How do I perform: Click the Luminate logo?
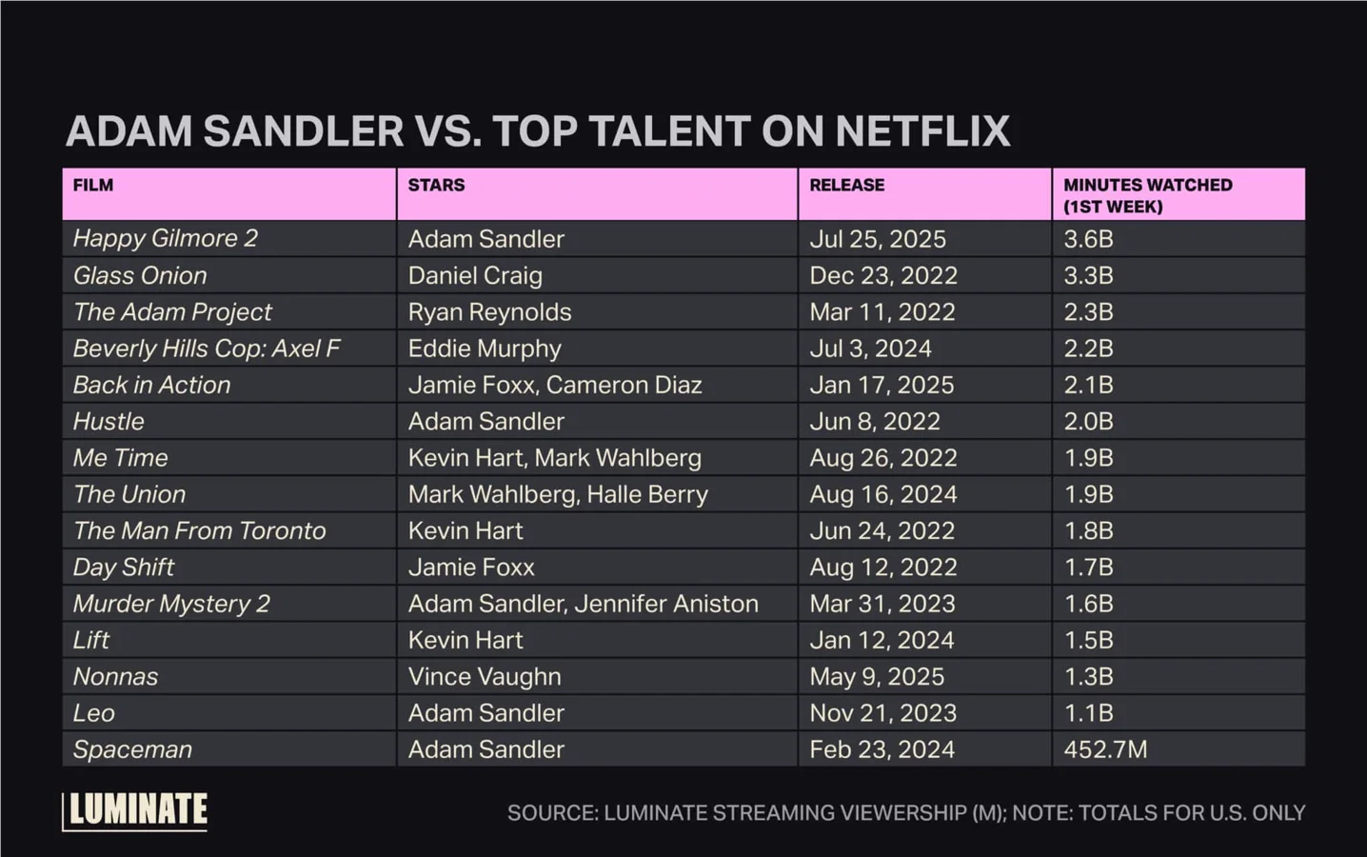tap(135, 810)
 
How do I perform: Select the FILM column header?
tap(93, 186)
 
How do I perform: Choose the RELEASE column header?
tap(846, 186)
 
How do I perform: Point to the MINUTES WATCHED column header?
tap(1147, 195)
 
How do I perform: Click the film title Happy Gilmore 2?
tap(165, 238)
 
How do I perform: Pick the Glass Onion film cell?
tap(140, 275)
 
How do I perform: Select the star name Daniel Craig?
tap(475, 275)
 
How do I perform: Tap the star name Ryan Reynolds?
tap(489, 312)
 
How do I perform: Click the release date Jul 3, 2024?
tap(870, 349)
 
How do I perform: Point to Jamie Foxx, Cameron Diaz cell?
tap(555, 385)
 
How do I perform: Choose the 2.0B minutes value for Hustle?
tap(1088, 422)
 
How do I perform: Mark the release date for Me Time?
tap(882, 458)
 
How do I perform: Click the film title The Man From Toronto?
tap(199, 530)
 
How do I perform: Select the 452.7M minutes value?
tap(1105, 749)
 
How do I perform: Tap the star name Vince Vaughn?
tap(485, 677)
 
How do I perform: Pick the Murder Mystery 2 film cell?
tap(171, 604)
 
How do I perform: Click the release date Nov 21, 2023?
tap(882, 713)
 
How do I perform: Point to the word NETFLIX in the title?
tap(921, 131)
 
